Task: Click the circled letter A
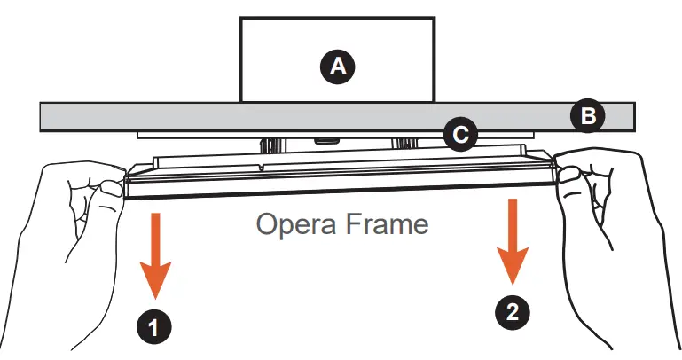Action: [x=338, y=65]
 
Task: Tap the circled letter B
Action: [x=587, y=115]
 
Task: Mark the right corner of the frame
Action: [x=556, y=168]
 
